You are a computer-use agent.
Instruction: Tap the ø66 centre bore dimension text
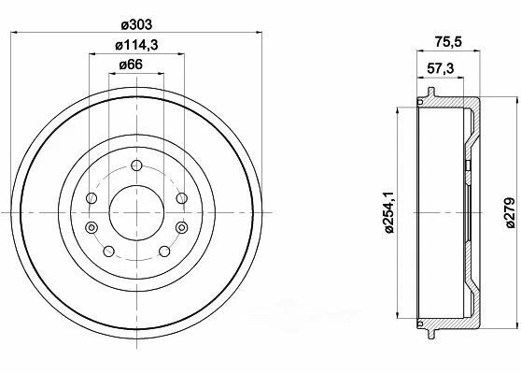tap(131, 65)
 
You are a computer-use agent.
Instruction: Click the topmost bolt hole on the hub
tap(136, 165)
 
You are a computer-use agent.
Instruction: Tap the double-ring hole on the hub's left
tap(91, 228)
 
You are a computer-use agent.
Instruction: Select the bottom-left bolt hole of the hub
tap(108, 251)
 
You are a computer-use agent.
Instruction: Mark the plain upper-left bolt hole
tap(91, 198)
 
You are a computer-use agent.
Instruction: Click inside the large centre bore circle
tap(136, 212)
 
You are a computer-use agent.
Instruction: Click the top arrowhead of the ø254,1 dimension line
tap(401, 109)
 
